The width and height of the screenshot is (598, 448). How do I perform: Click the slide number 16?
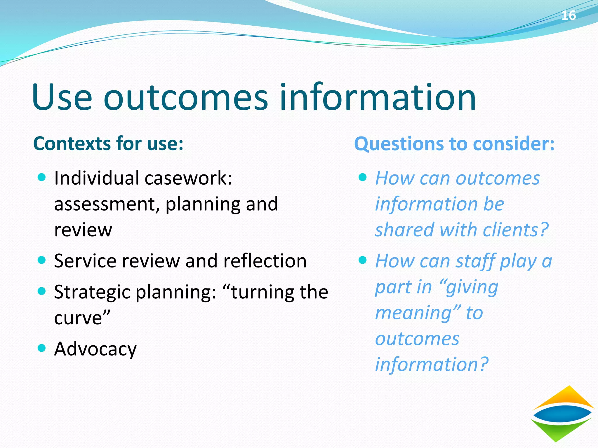coord(568,15)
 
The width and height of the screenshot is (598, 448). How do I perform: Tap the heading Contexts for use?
coord(108,143)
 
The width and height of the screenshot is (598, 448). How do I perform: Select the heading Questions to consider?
coord(454,144)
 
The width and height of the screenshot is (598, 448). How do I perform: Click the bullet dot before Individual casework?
coord(42,177)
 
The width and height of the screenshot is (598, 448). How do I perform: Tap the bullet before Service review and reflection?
coord(42,260)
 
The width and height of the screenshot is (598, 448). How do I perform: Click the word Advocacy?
coord(95,349)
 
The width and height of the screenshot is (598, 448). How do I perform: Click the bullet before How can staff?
coord(362,260)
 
